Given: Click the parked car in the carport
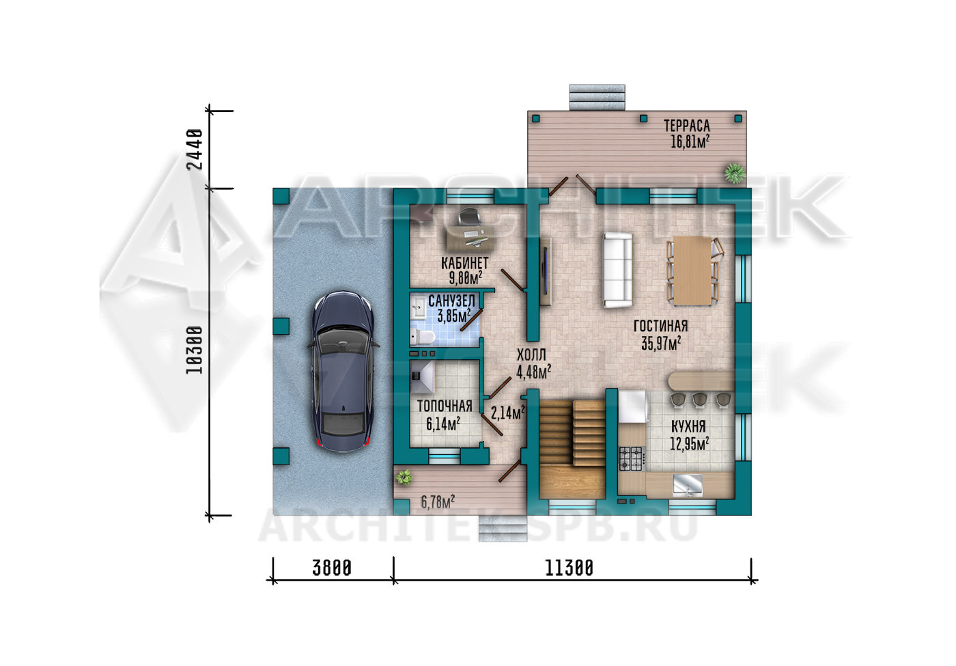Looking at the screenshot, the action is tap(343, 371).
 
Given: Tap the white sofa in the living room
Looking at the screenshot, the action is tap(617, 270).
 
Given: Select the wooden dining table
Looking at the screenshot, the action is tap(692, 270).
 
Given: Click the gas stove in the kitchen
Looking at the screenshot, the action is tap(631, 458).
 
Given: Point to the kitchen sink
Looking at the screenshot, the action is tap(688, 486).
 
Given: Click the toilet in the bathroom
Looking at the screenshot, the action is tap(423, 337).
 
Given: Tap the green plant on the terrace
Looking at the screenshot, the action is tap(735, 173).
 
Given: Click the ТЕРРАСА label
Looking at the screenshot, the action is tap(687, 126).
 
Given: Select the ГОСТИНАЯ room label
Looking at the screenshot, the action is tap(661, 327).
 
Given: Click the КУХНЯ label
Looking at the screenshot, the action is tap(688, 426).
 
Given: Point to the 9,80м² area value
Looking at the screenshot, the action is tap(466, 278).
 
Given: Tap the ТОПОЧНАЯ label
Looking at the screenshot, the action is tap(445, 406).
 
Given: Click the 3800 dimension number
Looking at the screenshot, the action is tap(332, 568).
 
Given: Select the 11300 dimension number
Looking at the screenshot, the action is tap(570, 568).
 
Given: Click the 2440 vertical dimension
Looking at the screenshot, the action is tap(195, 149).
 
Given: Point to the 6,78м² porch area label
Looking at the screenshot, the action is tap(438, 501).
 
